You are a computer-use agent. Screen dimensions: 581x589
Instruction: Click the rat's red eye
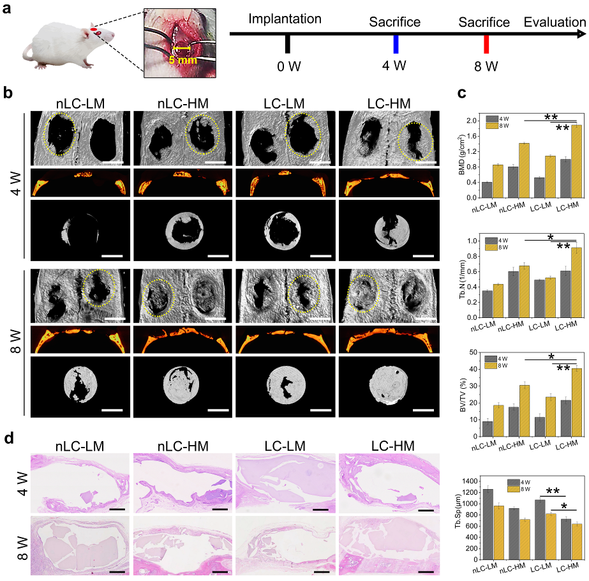point(93,29)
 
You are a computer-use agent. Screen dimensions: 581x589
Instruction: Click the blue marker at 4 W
point(396,44)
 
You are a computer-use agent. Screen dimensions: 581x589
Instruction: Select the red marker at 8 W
point(486,44)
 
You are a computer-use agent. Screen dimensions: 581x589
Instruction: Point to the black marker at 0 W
point(288,44)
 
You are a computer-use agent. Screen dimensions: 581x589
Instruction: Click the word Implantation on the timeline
point(285,19)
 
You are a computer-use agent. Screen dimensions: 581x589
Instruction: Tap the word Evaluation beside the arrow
point(555,22)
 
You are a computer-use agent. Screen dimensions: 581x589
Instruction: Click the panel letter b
point(8,93)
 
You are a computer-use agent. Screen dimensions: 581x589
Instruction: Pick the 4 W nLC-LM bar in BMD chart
point(487,191)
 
